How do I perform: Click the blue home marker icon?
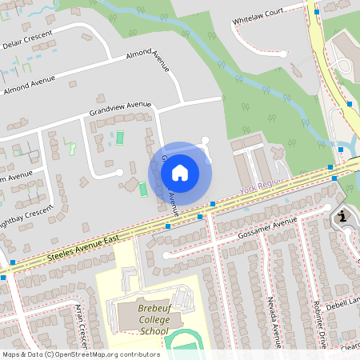pyautogui.click(x=180, y=172)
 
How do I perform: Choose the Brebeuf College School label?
pyautogui.click(x=142, y=323)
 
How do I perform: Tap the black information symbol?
pyautogui.click(x=342, y=217)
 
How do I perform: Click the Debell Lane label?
pyautogui.click(x=346, y=302)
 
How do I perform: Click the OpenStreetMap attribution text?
pyautogui.click(x=80, y=354)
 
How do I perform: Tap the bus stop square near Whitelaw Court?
pyautogui.click(x=318, y=11)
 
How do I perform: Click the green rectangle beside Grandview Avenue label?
pyautogui.click(x=121, y=138)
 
